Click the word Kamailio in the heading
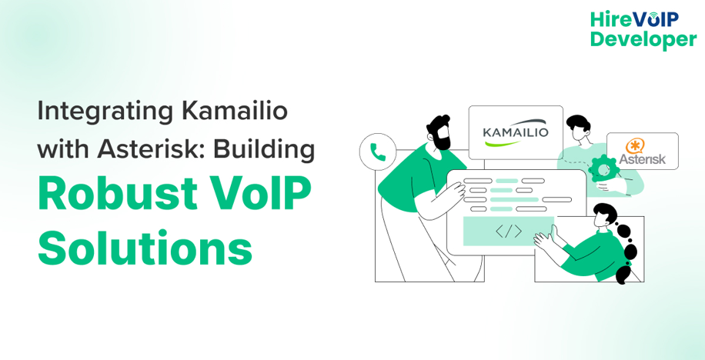[x=234, y=111]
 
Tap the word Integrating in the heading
[x=105, y=111]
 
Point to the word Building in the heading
[x=264, y=148]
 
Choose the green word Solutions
[x=145, y=248]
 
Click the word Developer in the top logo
[x=643, y=39]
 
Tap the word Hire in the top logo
[x=608, y=18]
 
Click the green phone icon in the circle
[x=378, y=152]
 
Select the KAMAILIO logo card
[x=516, y=132]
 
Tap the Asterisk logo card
[x=642, y=152]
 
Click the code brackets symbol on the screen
[x=508, y=231]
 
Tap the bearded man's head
[x=439, y=132]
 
